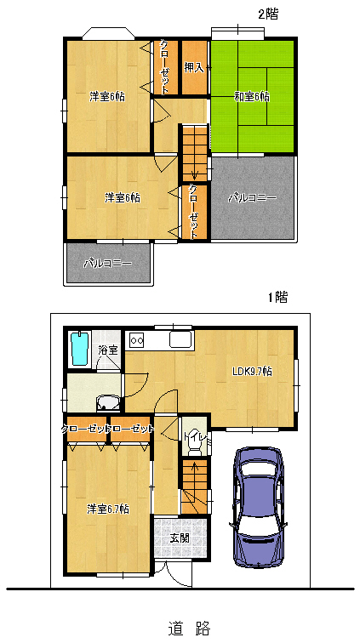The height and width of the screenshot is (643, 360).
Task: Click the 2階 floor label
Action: tap(267, 14)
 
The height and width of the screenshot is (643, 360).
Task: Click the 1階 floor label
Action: tap(278, 297)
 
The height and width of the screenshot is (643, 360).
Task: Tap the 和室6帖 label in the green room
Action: tap(252, 97)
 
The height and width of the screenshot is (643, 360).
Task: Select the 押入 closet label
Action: tap(194, 68)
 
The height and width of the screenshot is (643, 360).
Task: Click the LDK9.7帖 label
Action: tap(252, 372)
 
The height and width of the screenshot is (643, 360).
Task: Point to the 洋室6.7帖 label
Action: tap(108, 509)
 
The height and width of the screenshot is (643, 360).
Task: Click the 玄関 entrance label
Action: tap(180, 538)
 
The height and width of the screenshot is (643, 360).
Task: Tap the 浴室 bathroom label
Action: tap(108, 350)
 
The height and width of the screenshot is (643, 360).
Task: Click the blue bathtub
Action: tap(80, 349)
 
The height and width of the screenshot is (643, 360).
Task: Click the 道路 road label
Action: tap(189, 627)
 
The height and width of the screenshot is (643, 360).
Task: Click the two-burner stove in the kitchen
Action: tap(136, 340)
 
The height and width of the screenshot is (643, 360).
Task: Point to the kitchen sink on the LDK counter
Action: tap(181, 339)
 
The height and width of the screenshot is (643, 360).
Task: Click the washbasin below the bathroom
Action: tap(108, 403)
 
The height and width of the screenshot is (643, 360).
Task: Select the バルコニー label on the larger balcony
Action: tap(252, 198)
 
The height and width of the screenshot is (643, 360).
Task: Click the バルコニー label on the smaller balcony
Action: tap(108, 264)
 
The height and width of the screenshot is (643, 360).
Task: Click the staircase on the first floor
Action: tap(195, 487)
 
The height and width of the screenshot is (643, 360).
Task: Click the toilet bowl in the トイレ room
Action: tap(194, 450)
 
